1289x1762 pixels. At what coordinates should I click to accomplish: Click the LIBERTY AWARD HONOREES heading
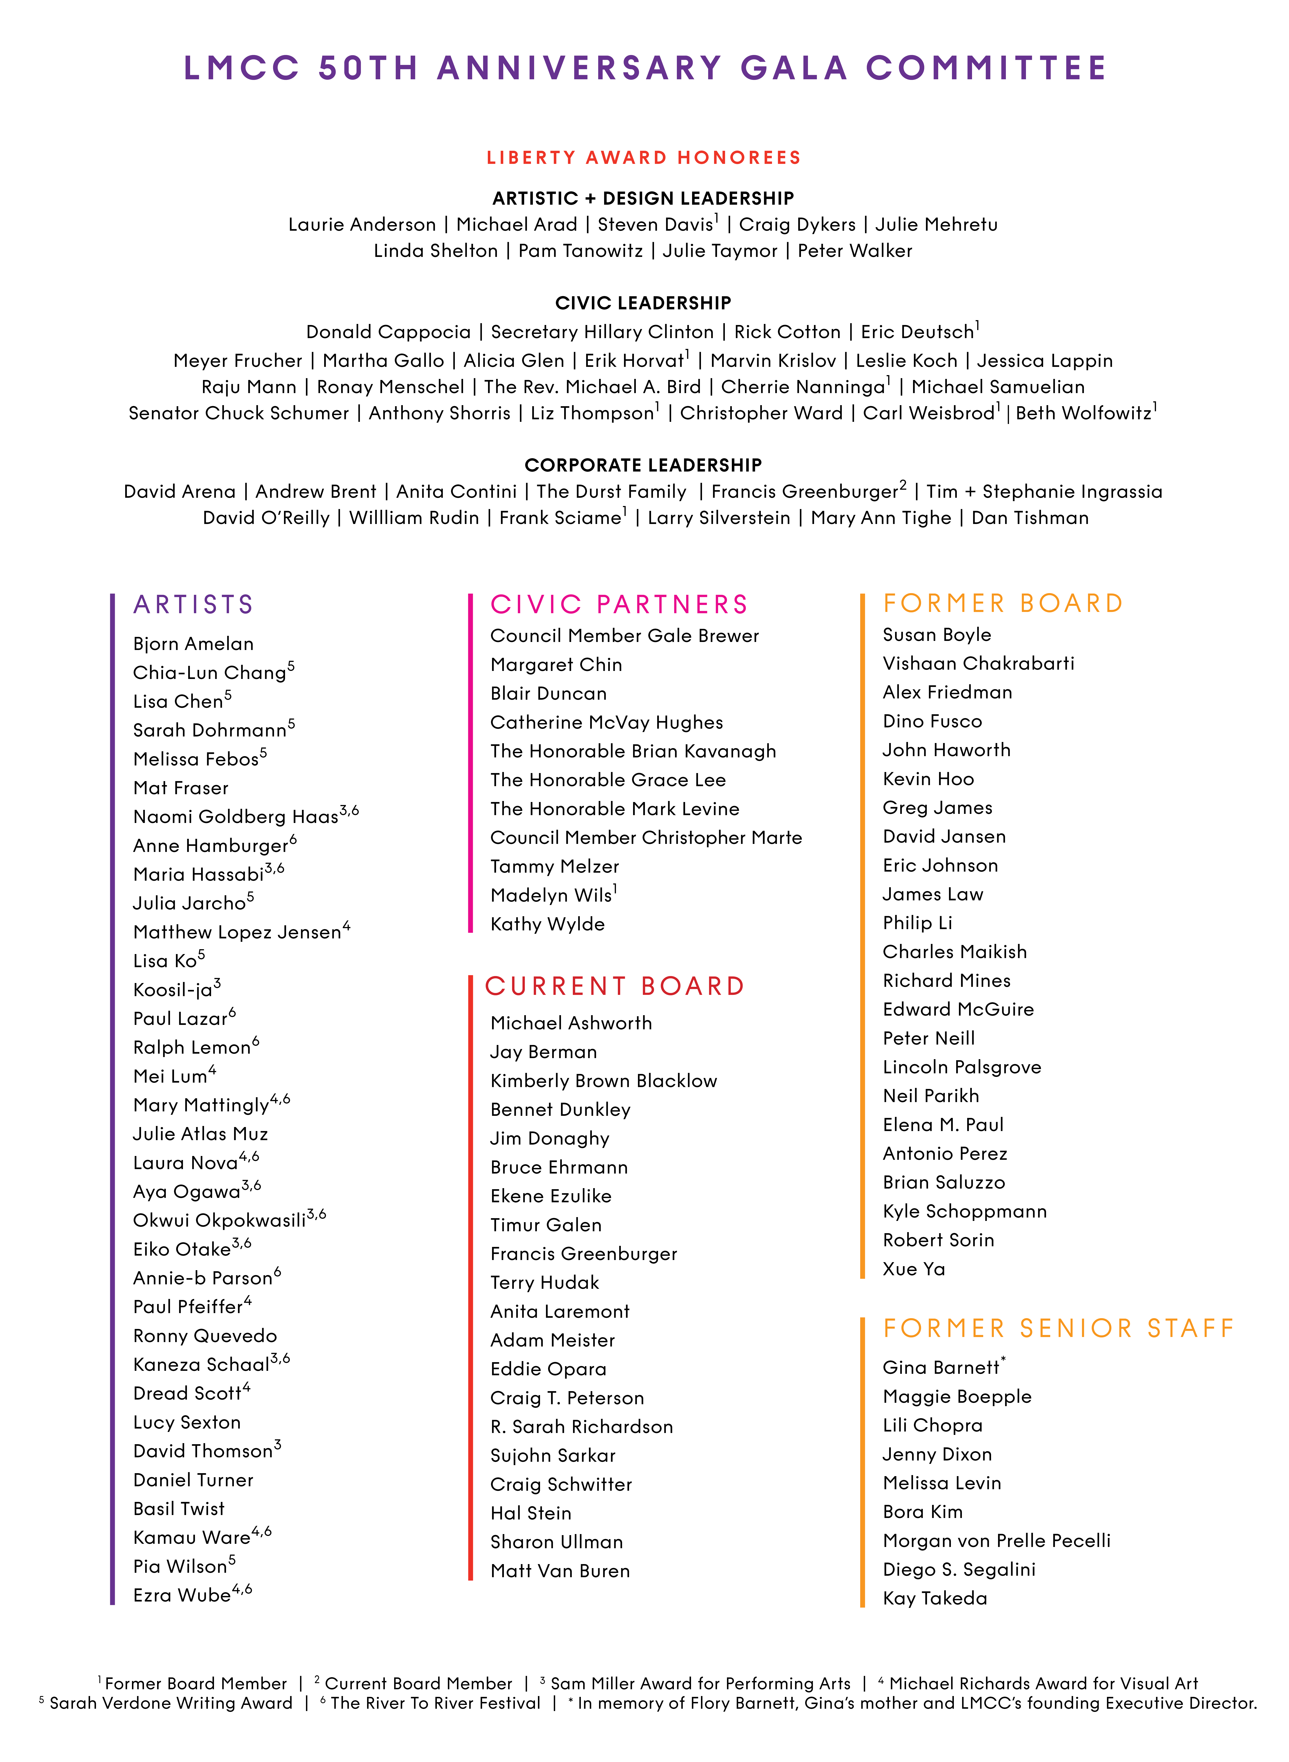pos(644,158)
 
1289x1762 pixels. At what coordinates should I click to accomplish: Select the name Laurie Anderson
pos(362,225)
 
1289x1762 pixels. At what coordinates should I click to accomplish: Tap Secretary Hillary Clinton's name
pos(602,332)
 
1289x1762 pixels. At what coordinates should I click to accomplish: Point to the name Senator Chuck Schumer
pos(239,414)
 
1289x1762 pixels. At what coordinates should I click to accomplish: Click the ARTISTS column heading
pos(193,605)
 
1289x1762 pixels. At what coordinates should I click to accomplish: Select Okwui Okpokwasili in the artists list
pos(219,1220)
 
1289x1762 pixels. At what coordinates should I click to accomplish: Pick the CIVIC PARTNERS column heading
pos(619,605)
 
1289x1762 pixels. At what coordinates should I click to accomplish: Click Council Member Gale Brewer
pos(624,636)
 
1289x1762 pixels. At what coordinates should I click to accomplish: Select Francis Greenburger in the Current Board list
pos(584,1254)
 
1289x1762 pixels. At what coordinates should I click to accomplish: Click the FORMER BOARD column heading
pos(1003,603)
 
